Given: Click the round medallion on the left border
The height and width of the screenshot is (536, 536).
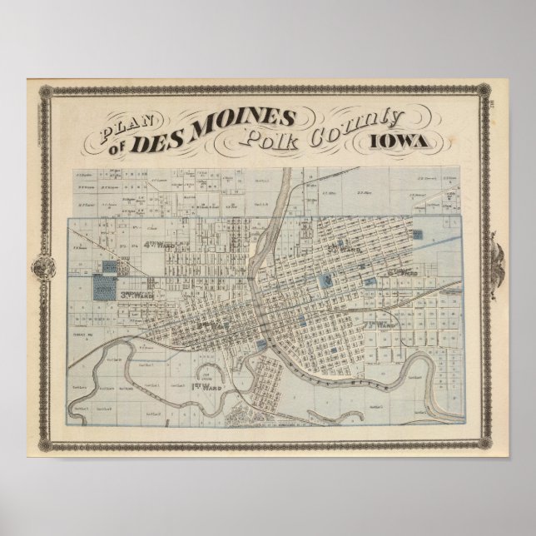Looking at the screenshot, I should click(x=40, y=268).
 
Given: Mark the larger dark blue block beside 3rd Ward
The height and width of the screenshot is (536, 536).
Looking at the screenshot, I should click(x=105, y=288).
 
